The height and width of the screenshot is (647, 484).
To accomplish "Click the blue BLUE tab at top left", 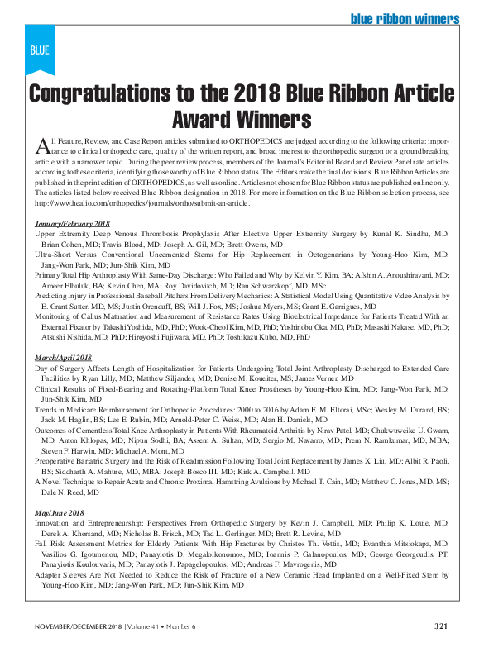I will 40,50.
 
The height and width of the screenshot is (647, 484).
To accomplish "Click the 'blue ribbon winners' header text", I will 405,18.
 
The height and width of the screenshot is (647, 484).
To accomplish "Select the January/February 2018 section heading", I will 72,224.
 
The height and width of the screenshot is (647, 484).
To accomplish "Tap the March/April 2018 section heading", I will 67,357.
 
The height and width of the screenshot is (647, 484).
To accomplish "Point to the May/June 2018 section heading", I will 60,512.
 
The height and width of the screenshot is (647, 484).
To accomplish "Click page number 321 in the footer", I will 441,625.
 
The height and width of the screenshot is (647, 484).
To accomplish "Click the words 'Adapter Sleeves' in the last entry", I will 61,574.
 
